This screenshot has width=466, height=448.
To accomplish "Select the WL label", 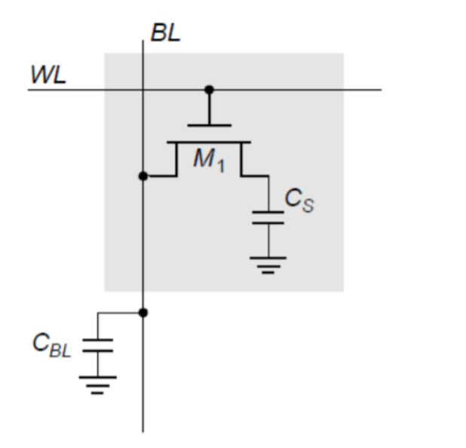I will point(48,75).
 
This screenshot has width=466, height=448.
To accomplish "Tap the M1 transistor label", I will point(208,161).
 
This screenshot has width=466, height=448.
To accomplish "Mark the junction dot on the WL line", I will point(209,90).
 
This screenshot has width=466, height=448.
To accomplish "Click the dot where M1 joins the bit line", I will point(143,176).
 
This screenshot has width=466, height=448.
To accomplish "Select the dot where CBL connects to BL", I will point(143,311).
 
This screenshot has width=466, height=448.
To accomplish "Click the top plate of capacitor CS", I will point(268,213).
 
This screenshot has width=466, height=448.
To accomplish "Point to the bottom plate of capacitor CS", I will point(268,223).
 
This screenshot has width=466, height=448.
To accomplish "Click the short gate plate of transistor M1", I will point(209,125).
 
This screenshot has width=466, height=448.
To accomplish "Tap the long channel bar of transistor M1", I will point(209,141).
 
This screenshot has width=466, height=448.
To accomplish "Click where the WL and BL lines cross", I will point(143,90).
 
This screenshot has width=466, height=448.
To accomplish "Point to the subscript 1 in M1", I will point(220,165).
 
